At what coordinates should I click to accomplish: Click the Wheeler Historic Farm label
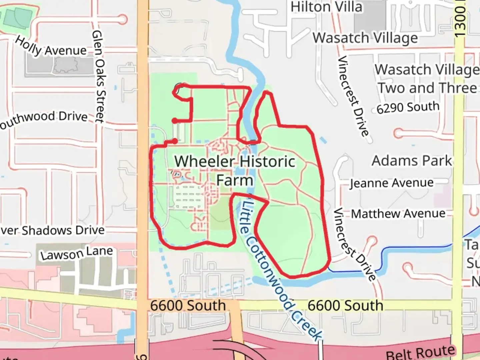coord(235,171)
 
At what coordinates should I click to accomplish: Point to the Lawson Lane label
coord(77,253)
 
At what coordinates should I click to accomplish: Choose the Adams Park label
coord(412,161)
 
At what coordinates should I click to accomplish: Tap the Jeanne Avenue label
coord(392,183)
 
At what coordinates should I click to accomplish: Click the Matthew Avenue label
coord(398,214)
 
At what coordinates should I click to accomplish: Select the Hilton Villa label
coord(326,7)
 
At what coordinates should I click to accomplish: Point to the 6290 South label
coord(408,107)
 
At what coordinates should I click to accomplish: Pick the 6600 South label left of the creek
coord(188,305)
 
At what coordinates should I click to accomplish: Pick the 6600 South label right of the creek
coord(345,305)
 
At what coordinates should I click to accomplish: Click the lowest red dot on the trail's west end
coord(175,141)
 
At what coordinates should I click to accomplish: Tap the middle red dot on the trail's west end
coord(175,121)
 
